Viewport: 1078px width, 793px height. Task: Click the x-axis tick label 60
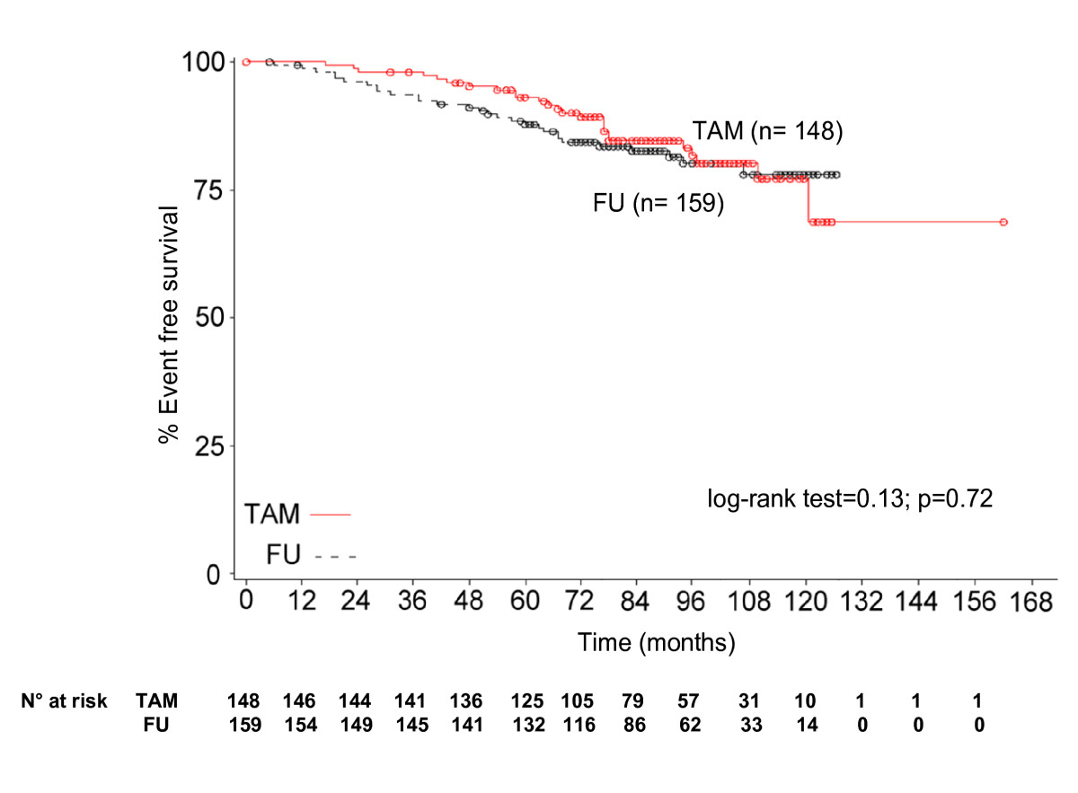pyautogui.click(x=525, y=601)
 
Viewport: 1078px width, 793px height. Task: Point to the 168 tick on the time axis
pyautogui.click(x=1031, y=602)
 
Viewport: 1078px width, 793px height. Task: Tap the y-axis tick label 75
pyautogui.click(x=209, y=190)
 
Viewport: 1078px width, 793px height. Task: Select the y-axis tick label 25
pyautogui.click(x=209, y=446)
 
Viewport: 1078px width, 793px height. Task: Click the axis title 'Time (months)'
pyautogui.click(x=657, y=643)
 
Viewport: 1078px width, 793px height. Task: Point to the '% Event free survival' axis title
pyautogui.click(x=169, y=324)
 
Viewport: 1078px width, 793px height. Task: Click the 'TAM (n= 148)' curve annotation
pyautogui.click(x=767, y=131)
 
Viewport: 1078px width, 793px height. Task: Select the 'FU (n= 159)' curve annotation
pyautogui.click(x=658, y=203)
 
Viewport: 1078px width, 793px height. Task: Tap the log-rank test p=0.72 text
pyautogui.click(x=850, y=498)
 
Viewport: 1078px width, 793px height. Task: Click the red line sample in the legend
pyautogui.click(x=331, y=515)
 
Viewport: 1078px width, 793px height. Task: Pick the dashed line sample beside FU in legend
pyautogui.click(x=335, y=557)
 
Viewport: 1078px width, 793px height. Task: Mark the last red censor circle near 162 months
pyautogui.click(x=1003, y=222)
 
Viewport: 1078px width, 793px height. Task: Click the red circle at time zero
pyautogui.click(x=246, y=62)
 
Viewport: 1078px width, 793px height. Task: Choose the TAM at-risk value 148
pyautogui.click(x=243, y=700)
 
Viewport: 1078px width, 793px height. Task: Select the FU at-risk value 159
pyautogui.click(x=245, y=725)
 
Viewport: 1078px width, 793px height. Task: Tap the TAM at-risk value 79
pyautogui.click(x=632, y=700)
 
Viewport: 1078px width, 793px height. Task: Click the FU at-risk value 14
pyautogui.click(x=807, y=725)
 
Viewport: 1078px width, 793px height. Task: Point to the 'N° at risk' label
pyautogui.click(x=64, y=700)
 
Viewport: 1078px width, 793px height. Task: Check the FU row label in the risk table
pyautogui.click(x=156, y=725)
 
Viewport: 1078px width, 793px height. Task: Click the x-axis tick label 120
pyautogui.click(x=806, y=602)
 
